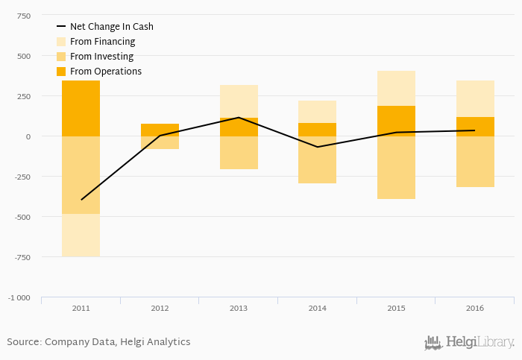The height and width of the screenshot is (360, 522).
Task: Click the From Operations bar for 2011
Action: pyautogui.click(x=81, y=108)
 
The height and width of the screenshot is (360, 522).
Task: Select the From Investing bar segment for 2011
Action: pyautogui.click(x=81, y=175)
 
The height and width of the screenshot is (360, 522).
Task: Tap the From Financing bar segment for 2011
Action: pyautogui.click(x=81, y=235)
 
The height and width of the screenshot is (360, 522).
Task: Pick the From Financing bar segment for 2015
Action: pyautogui.click(x=396, y=88)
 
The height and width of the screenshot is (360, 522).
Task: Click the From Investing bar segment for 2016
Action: pyautogui.click(x=475, y=162)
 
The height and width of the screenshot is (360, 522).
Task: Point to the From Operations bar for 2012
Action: pyautogui.click(x=160, y=130)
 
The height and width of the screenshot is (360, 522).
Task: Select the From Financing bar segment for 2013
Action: pyautogui.click(x=239, y=101)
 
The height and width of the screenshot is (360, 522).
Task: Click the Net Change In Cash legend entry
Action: pyautogui.click(x=111, y=27)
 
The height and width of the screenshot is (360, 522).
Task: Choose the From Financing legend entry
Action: pyautogui.click(x=102, y=42)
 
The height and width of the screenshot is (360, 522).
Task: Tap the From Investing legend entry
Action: pyautogui.click(x=101, y=57)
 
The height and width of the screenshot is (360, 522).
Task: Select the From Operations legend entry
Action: pyautogui.click(x=105, y=72)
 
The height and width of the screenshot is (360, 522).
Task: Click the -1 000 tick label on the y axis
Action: pyautogui.click(x=19, y=297)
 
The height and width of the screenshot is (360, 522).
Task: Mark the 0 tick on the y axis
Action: pyautogui.click(x=28, y=136)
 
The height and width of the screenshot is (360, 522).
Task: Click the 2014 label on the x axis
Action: pyautogui.click(x=317, y=307)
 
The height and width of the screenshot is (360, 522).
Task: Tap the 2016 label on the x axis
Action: pyautogui.click(x=475, y=307)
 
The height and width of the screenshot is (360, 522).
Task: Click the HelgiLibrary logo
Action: pyautogui.click(x=469, y=342)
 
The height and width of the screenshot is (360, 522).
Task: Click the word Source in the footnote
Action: pyautogui.click(x=23, y=342)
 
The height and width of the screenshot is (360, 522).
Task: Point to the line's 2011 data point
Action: pyautogui.click(x=81, y=200)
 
